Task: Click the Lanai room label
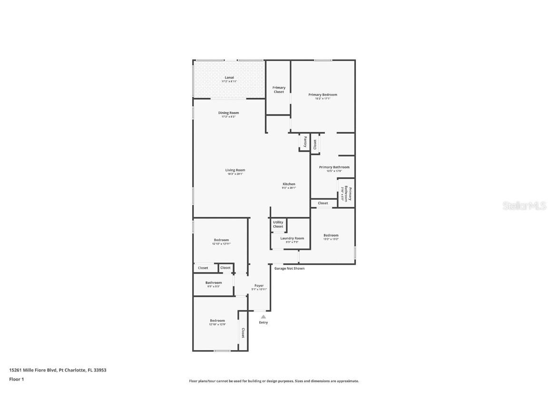(x=229, y=78)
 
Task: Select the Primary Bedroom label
(x=323, y=95)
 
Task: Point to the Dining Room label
(x=228, y=113)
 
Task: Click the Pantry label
(x=305, y=142)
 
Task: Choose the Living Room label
(x=235, y=170)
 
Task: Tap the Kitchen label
(x=289, y=184)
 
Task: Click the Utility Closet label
(x=278, y=224)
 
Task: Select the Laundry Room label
(x=292, y=238)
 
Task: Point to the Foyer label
(x=259, y=286)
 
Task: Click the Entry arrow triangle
(x=263, y=316)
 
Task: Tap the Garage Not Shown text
(x=289, y=268)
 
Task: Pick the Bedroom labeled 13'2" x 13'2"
(x=331, y=235)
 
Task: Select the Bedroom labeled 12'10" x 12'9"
(x=217, y=321)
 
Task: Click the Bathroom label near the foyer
(x=214, y=283)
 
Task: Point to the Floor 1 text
(x=16, y=379)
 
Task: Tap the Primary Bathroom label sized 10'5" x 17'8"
(x=334, y=167)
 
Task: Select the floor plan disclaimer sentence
(x=274, y=381)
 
